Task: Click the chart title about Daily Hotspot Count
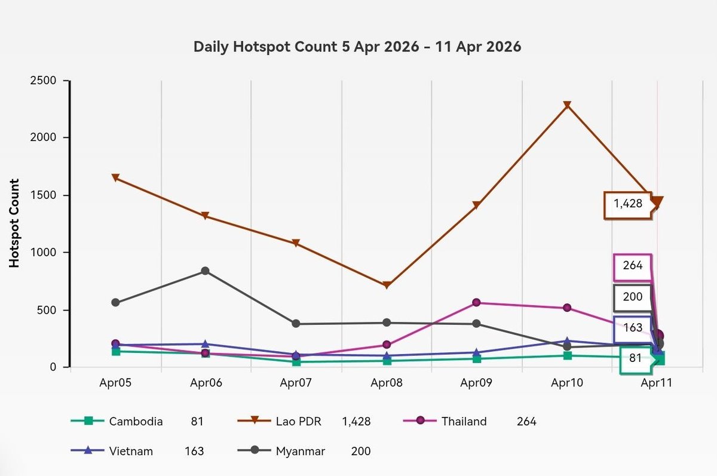tap(357, 47)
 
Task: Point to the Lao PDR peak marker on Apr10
tap(567, 105)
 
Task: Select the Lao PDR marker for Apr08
tap(387, 285)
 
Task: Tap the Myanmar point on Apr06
tap(205, 271)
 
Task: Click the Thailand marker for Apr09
tap(476, 302)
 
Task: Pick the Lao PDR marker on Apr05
tap(115, 177)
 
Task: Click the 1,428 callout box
tap(628, 205)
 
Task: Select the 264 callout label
tap(633, 268)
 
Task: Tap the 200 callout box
tap(633, 298)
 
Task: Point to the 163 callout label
tap(633, 328)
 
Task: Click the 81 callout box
tap(636, 359)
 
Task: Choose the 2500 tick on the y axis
tap(43, 80)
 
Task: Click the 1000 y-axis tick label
tap(43, 253)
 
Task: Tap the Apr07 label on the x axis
tap(296, 383)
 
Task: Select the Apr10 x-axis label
tap(567, 383)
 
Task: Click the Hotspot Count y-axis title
tap(14, 223)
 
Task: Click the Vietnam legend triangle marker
tap(87, 451)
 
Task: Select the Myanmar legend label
tap(300, 452)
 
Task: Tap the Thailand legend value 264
tap(526, 422)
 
